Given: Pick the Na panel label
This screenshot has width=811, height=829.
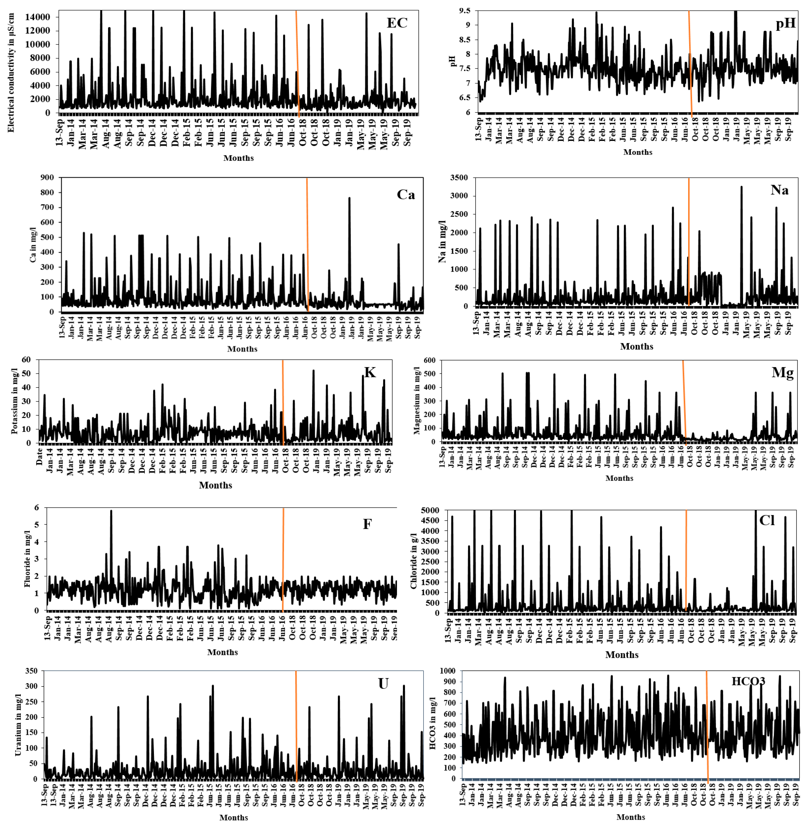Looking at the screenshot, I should (x=779, y=190).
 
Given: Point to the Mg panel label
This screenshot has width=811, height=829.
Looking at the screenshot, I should (x=783, y=373).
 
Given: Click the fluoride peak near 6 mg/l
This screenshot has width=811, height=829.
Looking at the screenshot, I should (x=111, y=511).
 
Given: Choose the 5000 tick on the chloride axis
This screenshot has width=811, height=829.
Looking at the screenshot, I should (x=430, y=510).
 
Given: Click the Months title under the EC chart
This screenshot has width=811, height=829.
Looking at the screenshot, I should (x=238, y=158).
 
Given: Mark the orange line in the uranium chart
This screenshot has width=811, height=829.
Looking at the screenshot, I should (x=296, y=725).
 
